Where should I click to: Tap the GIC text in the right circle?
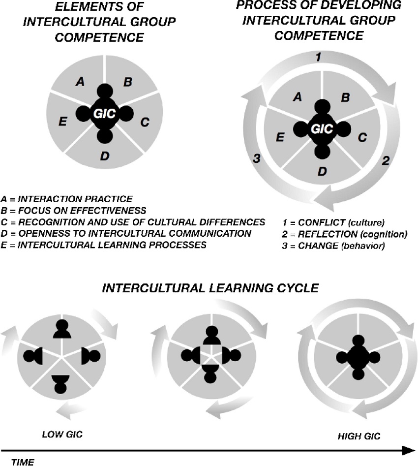(322, 129)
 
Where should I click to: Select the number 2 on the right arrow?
(386, 160)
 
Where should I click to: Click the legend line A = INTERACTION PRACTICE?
(67, 199)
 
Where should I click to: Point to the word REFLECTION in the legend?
(322, 234)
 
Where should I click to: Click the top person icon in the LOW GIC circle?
(61, 330)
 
